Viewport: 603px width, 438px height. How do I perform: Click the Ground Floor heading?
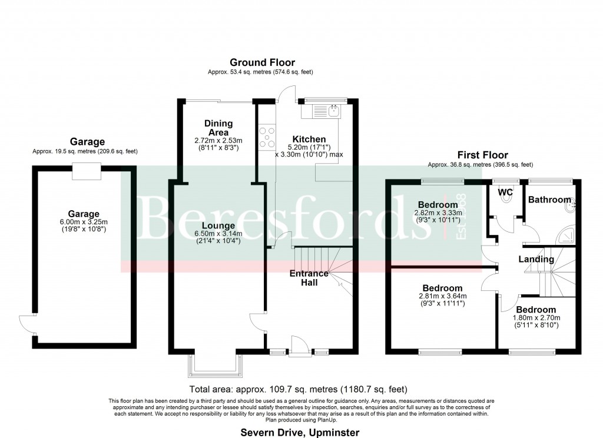[x=262, y=62]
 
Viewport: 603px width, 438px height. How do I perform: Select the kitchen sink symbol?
[x=322, y=110]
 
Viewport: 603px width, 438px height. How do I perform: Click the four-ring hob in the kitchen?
[x=265, y=136]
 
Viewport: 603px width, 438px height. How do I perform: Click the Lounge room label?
[x=218, y=225]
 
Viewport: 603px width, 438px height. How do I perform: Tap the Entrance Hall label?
[x=309, y=278]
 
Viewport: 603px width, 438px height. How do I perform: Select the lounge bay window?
[x=214, y=366]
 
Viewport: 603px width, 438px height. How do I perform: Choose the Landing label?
[x=536, y=259]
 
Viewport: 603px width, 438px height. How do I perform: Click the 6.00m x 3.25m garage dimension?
[x=83, y=222]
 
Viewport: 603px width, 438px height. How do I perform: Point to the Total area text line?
[x=298, y=389]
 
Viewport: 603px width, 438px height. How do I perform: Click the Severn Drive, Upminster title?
[x=300, y=432]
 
